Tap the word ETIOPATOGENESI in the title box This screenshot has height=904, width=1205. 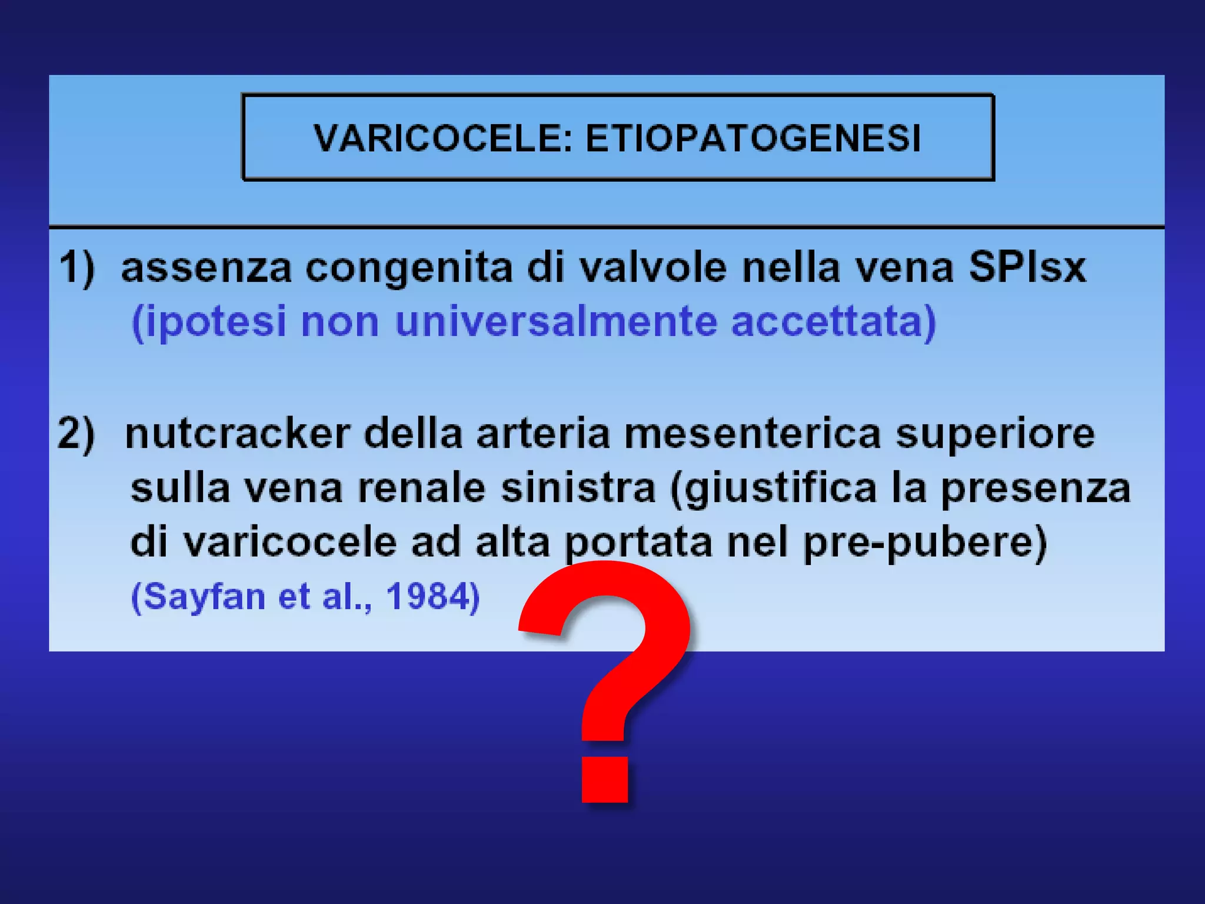pos(753,139)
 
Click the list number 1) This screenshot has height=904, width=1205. pos(77,268)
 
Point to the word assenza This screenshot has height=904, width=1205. pos(207,268)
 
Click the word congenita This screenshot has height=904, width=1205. pos(410,268)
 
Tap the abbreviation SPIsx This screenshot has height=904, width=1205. pos(1027,268)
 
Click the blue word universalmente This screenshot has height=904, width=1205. pos(556,322)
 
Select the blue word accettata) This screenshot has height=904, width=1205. pos(833,322)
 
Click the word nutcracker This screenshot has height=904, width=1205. pos(238,434)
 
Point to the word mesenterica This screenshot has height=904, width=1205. pos(753,434)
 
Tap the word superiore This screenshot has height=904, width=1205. pos(995,434)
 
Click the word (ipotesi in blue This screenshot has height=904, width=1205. pos(209,322)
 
